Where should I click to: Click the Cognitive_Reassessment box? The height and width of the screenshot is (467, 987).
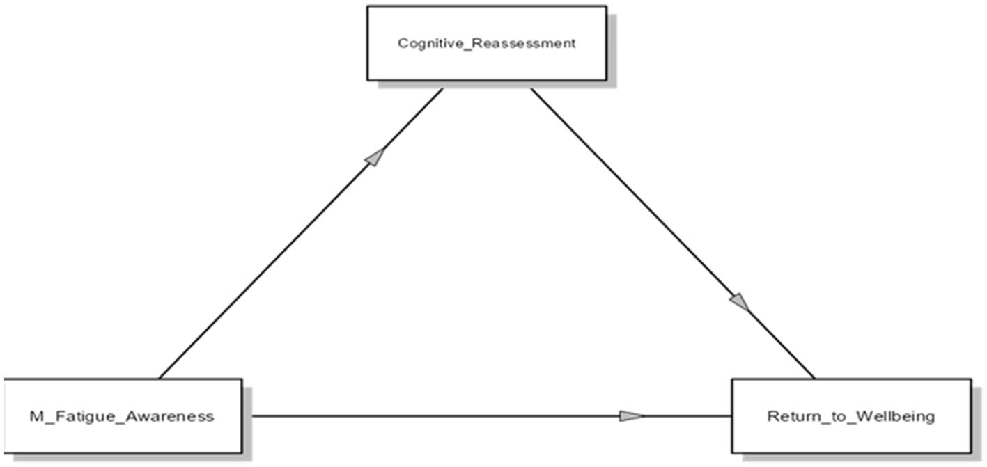coord(486,43)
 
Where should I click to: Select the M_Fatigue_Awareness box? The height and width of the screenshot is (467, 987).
coord(123,416)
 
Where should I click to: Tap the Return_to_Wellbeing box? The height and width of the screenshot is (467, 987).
coord(850,416)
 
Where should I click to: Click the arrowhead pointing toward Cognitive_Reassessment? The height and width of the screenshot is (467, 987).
coord(375,157)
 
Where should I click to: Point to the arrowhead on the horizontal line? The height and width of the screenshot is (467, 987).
coord(632,416)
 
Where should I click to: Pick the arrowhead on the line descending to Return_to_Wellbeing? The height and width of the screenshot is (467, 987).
coord(740,302)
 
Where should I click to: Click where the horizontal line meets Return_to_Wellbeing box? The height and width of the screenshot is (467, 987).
coord(731,416)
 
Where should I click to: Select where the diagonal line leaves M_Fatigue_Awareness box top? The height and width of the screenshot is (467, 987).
coord(160,379)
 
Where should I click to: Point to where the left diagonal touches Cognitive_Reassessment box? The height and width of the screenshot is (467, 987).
coord(442,88)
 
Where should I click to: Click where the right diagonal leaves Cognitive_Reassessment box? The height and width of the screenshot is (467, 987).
coord(531,88)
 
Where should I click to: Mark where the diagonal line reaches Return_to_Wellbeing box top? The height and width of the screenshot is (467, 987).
coord(814,379)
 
